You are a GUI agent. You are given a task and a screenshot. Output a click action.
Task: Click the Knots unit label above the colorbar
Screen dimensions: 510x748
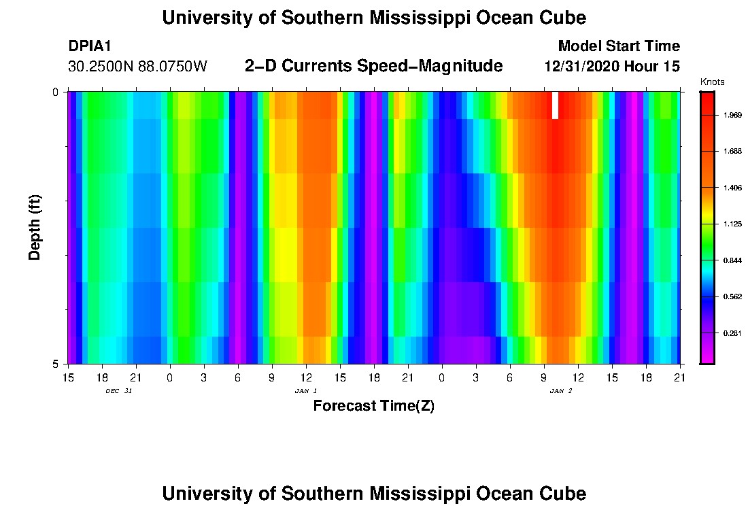coord(713,82)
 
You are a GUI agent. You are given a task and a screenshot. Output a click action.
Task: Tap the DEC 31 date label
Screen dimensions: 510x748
coord(118,391)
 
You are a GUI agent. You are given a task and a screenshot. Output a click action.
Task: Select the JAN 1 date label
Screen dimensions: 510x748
coord(306,391)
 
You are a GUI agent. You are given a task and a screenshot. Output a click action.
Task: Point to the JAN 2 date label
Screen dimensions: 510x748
coord(561,391)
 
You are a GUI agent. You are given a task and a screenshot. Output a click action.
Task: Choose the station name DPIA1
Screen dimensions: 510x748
coord(90,46)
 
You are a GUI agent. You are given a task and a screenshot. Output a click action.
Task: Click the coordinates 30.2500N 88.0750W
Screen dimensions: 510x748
coord(137,67)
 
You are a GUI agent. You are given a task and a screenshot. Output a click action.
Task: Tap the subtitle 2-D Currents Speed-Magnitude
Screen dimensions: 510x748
coord(373,66)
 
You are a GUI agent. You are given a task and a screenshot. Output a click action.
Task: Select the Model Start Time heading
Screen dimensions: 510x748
coord(618,46)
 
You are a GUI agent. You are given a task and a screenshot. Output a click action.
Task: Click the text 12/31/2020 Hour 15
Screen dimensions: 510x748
coord(612,67)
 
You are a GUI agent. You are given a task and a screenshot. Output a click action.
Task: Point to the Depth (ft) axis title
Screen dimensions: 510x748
coord(35,227)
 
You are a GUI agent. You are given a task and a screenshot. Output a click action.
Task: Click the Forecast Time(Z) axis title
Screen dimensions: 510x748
coord(373,407)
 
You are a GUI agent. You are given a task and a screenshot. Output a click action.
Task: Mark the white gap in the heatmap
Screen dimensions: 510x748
coord(555,105)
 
